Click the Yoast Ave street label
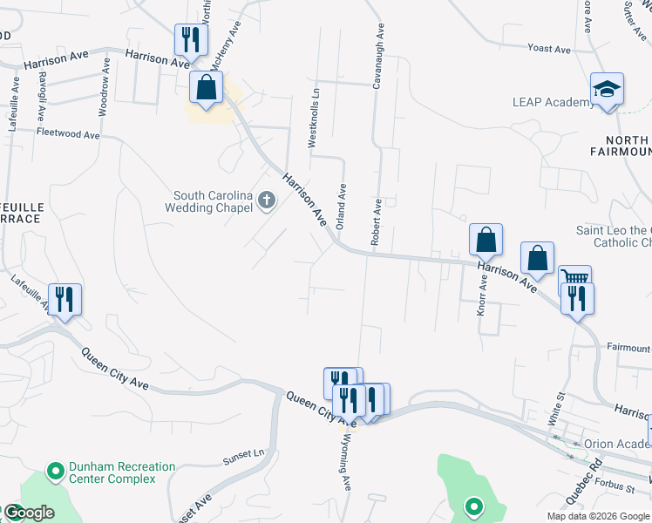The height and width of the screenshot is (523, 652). [x=550, y=49]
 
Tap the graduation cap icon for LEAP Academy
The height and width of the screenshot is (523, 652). [x=607, y=89]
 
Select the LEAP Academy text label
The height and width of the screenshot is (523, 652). [x=554, y=102]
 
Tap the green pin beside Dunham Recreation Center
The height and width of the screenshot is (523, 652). [x=56, y=472]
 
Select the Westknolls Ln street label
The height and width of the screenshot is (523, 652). [x=314, y=122]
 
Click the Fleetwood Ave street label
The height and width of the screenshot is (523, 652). [x=69, y=134]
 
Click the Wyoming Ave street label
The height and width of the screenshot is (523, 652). [x=345, y=461]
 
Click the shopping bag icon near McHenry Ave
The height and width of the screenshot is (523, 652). [x=207, y=87]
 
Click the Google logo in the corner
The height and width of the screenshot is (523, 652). [x=29, y=512]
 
